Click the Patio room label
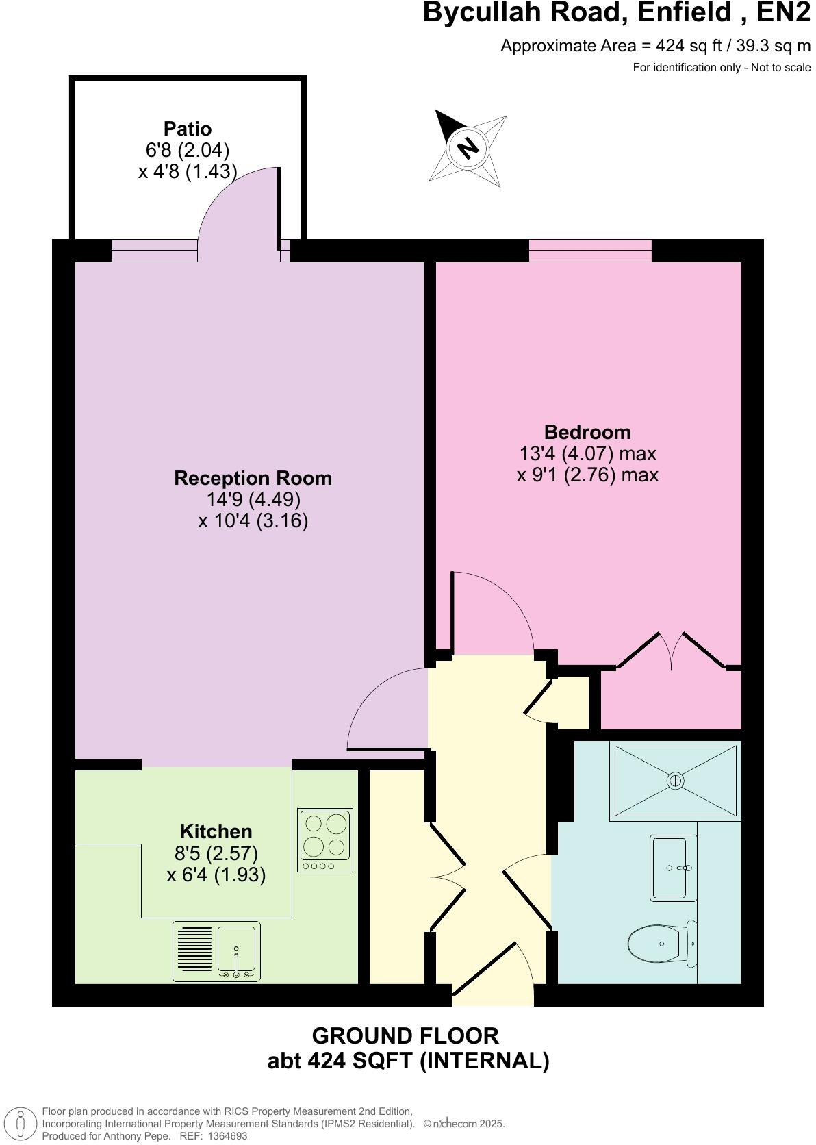point(188,129)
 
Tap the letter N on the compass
point(468,147)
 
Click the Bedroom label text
point(587,432)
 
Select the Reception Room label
point(253,478)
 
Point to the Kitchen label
point(216,831)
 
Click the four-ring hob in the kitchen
point(326,840)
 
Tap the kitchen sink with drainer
point(216,951)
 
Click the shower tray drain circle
point(676,781)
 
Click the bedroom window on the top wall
point(590,251)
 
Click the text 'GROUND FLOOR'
point(405,1035)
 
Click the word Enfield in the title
point(663,12)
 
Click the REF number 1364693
point(228,1136)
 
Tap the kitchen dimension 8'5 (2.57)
point(216,853)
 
